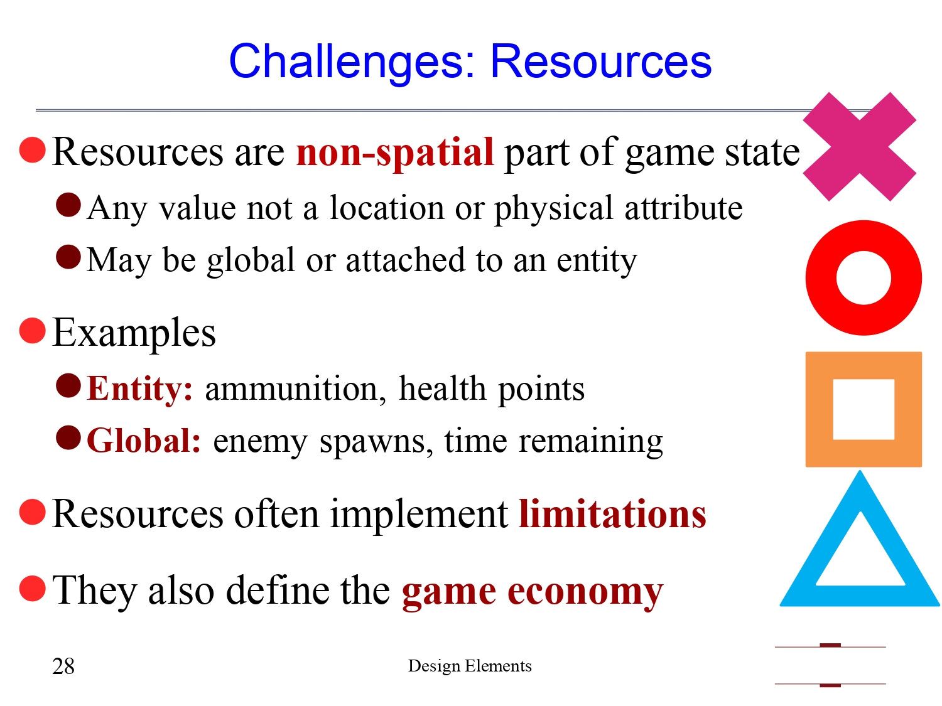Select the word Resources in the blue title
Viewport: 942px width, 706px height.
click(x=601, y=62)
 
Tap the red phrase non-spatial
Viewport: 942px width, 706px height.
click(x=395, y=152)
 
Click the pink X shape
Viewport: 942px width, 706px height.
click(x=859, y=147)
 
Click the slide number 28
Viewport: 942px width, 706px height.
click(x=63, y=666)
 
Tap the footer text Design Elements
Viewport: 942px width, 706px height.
click(x=470, y=666)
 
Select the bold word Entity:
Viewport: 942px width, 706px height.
click(x=139, y=388)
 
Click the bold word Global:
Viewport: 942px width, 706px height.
click(x=144, y=441)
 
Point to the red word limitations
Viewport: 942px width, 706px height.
click(x=612, y=514)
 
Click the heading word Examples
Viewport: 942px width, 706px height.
click(x=134, y=333)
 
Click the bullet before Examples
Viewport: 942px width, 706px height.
click(x=33, y=331)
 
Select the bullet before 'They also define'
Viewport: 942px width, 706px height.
click(x=33, y=589)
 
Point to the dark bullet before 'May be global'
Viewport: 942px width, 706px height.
click(x=68, y=257)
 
